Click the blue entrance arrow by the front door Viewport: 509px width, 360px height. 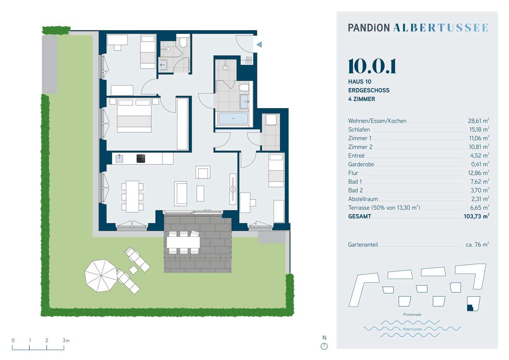click(259, 45)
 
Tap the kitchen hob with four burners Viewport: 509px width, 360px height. click(141, 158)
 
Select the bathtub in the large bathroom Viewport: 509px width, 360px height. click(233, 118)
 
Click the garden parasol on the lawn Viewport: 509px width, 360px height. click(101, 276)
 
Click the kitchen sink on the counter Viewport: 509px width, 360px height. click(119, 158)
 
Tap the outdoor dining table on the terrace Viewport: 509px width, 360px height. click(183, 242)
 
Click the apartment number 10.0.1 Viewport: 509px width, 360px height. click(372, 66)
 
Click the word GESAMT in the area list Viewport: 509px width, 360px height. click(360, 216)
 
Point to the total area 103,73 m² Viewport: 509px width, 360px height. click(476, 216)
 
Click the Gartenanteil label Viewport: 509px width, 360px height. click(363, 245)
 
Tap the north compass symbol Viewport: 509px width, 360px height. click(324, 346)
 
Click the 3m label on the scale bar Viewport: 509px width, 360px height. click(66, 340)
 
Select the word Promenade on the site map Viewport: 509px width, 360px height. click(412, 314)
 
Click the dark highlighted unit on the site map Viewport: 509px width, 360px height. click(470, 307)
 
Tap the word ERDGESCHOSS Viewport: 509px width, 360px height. click(369, 90)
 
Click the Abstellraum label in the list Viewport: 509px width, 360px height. click(363, 199)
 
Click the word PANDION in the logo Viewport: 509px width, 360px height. click(369, 28)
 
